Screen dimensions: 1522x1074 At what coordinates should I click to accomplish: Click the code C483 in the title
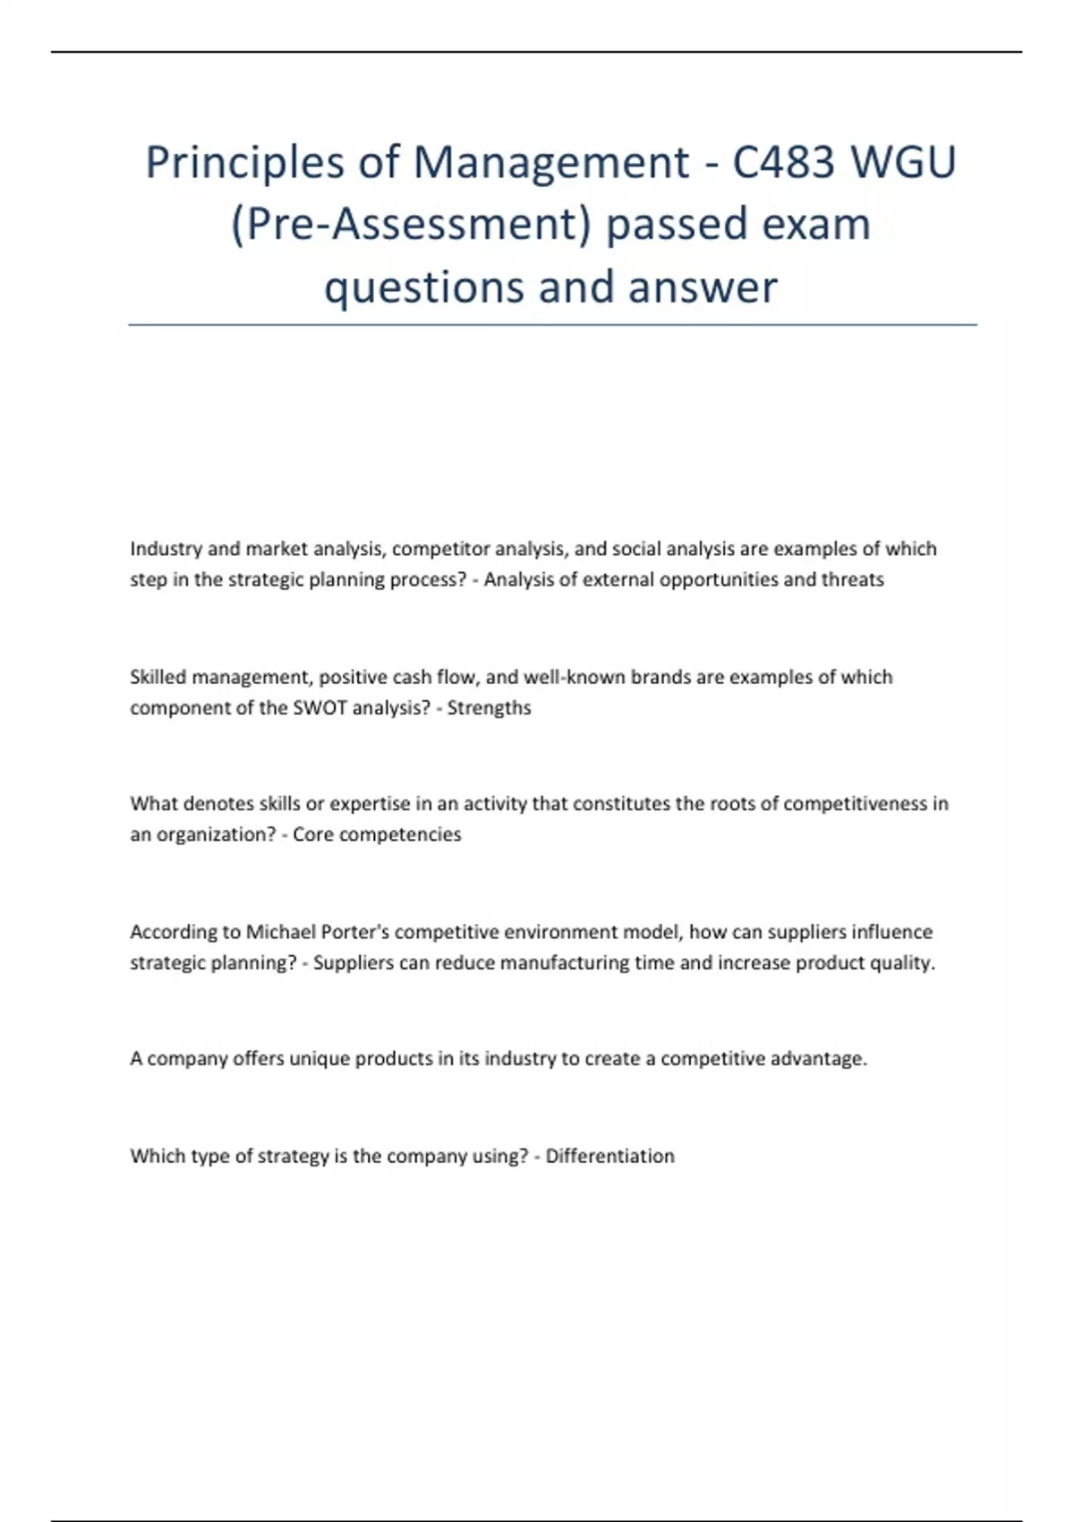click(784, 163)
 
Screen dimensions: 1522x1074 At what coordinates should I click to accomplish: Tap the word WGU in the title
click(903, 163)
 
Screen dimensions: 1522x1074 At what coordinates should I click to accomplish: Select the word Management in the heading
click(551, 163)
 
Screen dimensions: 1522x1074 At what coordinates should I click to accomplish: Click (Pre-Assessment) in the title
click(411, 225)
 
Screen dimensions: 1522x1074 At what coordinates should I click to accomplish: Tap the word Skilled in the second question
click(158, 677)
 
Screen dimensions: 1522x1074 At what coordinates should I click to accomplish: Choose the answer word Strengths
click(489, 707)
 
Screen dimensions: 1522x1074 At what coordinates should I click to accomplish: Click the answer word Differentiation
click(609, 1156)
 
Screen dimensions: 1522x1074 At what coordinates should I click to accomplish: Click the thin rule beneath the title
click(552, 325)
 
